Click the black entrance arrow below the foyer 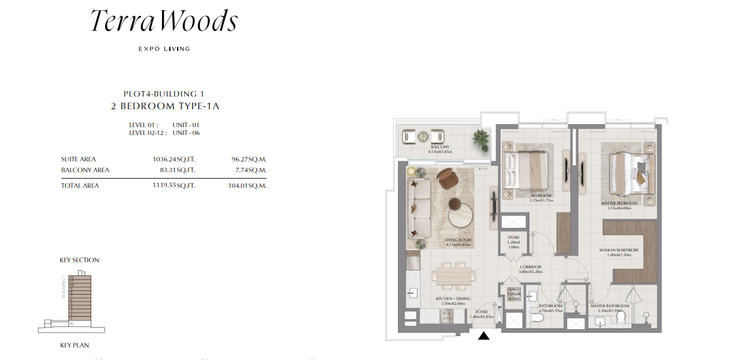[x=484, y=336]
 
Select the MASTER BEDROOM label [x=619, y=203]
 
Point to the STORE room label [x=513, y=238]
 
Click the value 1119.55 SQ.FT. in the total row [x=174, y=186]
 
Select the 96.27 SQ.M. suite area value [x=248, y=160]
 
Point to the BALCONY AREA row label [x=85, y=170]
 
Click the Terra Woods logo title [x=164, y=22]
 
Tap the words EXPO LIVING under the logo [x=164, y=49]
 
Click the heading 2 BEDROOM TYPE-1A [x=164, y=106]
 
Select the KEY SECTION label [x=79, y=260]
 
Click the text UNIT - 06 [x=186, y=133]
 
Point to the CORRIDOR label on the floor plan [x=530, y=267]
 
